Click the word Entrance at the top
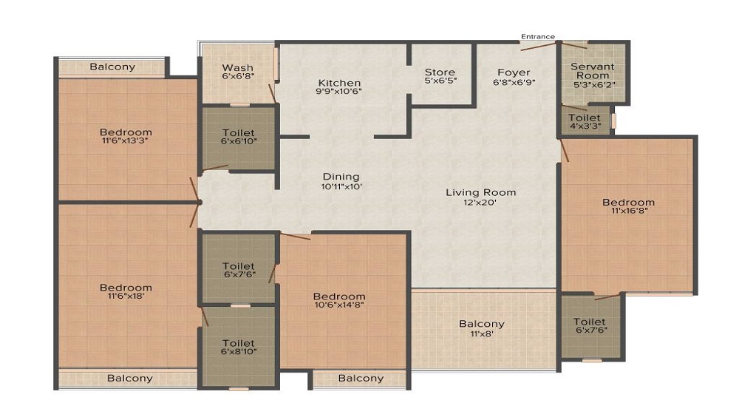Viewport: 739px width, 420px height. tap(538, 36)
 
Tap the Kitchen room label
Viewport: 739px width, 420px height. tap(339, 83)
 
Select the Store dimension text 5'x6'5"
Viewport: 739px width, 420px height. tap(440, 81)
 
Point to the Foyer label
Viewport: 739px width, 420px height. tap(514, 72)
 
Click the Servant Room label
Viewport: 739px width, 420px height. tap(593, 71)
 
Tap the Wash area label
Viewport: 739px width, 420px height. tap(238, 68)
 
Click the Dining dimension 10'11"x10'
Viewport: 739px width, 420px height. tap(341, 186)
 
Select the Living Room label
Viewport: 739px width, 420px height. tap(481, 192)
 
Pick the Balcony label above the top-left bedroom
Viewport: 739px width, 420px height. tap(112, 67)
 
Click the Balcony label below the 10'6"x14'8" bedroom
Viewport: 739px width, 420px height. tap(361, 378)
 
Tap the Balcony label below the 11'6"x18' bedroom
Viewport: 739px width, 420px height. tap(130, 378)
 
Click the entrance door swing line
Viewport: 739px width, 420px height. tap(539, 46)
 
